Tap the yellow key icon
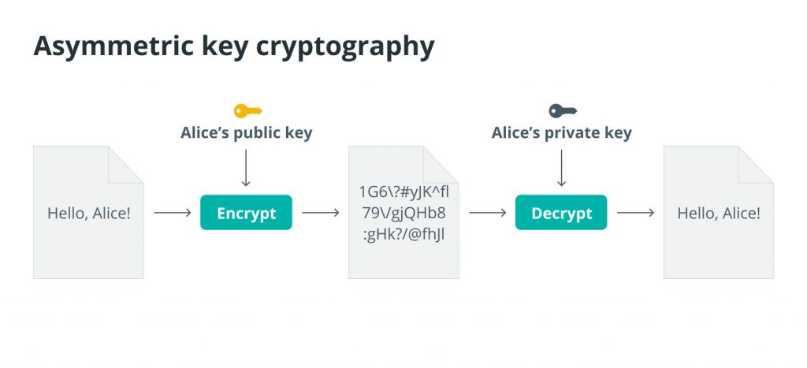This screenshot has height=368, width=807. pyautogui.click(x=248, y=110)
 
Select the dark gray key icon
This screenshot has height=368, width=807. pyautogui.click(x=563, y=110)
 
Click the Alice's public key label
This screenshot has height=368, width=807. pyautogui.click(x=247, y=133)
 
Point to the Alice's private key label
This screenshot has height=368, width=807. pyautogui.click(x=561, y=133)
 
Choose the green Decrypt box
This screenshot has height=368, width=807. pyautogui.click(x=561, y=213)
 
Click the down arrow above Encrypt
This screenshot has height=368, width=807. pyautogui.click(x=246, y=168)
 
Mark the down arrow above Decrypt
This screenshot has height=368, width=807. pyautogui.click(x=561, y=168)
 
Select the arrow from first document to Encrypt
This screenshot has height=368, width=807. pyautogui.click(x=173, y=213)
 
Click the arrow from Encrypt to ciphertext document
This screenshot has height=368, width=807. pyautogui.click(x=321, y=213)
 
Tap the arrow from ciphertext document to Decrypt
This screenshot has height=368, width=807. pyautogui.click(x=487, y=213)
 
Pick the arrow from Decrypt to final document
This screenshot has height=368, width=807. pyautogui.click(x=636, y=213)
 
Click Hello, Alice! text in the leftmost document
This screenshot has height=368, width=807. pyautogui.click(x=89, y=213)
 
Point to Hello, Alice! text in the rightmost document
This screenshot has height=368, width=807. pyautogui.click(x=719, y=213)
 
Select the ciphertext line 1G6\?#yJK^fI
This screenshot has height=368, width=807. pyautogui.click(x=404, y=192)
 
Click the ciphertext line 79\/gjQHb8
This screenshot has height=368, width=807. pyautogui.click(x=403, y=213)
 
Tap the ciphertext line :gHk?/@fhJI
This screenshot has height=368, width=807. pyautogui.click(x=404, y=235)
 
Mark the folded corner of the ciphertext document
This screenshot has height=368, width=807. pyautogui.click(x=441, y=164)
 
